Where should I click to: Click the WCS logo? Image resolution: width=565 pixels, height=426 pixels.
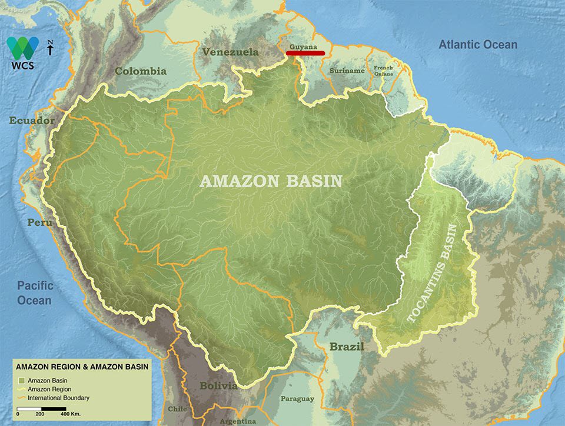click(22, 52)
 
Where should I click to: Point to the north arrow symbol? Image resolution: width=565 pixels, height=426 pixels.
click(51, 48)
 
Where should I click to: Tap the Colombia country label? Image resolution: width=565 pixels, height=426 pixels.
click(141, 71)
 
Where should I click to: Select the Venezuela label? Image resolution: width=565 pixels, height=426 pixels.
click(230, 52)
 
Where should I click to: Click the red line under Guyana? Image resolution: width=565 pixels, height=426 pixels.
click(305, 53)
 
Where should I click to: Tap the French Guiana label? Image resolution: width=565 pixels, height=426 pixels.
click(383, 71)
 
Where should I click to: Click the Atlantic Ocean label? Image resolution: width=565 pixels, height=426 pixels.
click(478, 45)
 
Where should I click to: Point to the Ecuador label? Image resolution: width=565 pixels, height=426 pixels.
click(32, 121)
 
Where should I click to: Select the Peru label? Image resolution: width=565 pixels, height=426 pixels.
click(39, 222)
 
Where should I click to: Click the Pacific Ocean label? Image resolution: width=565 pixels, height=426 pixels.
click(34, 293)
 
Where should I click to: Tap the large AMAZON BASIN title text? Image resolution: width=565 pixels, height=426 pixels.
click(271, 181)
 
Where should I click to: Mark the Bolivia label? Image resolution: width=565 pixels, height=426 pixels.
click(218, 386)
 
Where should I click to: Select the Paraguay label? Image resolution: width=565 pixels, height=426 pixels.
click(297, 399)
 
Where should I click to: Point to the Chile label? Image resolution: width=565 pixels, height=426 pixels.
click(177, 408)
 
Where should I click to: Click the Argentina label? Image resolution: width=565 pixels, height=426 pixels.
click(238, 421)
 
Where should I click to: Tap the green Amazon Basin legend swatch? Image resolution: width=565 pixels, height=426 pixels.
click(21, 381)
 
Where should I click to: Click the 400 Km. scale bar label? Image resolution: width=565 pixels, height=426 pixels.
click(71, 414)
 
